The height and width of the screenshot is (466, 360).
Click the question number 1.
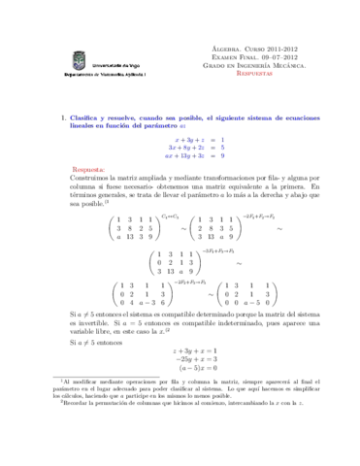62,119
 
